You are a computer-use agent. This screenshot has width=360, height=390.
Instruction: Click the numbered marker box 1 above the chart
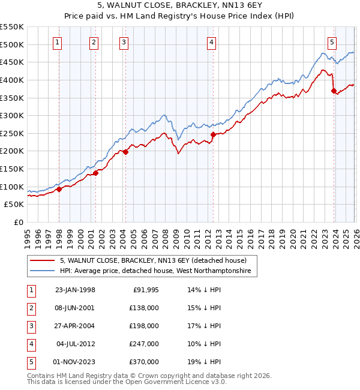click(57, 42)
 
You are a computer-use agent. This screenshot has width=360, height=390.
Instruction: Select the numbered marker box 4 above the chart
click(212, 42)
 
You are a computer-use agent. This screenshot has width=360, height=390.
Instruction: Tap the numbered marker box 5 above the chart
click(332, 42)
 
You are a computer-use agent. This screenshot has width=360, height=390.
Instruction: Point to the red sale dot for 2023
click(334, 91)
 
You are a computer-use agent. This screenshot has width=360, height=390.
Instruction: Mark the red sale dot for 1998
click(59, 190)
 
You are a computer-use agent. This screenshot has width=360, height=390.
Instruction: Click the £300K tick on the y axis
click(12, 115)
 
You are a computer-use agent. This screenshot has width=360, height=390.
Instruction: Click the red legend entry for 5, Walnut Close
click(153, 260)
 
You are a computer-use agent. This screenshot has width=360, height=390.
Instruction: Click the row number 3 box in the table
click(31, 326)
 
